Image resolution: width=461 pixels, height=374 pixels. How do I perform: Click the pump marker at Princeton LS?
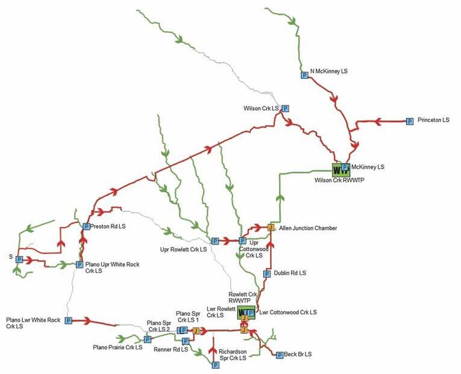410,121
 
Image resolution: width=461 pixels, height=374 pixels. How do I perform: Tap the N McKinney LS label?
329,71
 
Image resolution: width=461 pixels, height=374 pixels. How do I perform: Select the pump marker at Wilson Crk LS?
286,109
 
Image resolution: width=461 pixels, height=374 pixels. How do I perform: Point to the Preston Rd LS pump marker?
86,227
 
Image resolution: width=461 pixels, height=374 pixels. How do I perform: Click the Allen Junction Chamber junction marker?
271,228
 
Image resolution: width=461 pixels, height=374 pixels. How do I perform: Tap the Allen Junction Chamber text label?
308,228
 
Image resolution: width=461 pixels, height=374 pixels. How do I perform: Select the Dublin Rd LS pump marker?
267,274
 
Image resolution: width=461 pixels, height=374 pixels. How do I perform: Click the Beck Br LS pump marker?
280,355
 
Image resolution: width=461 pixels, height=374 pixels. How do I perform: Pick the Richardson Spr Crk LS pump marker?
215,364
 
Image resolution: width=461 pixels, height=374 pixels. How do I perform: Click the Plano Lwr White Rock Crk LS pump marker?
68,321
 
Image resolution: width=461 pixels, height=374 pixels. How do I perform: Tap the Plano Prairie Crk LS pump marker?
147,340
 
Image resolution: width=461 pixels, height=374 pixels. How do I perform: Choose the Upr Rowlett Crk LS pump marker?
215,241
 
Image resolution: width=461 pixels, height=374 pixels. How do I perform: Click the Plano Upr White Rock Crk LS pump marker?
79,264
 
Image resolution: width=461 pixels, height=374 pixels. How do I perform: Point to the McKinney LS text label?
368,167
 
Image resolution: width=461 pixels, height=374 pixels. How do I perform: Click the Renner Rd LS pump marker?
186,341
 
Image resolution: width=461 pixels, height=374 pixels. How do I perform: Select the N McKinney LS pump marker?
304,75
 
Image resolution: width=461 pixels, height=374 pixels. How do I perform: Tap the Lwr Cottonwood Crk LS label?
288,313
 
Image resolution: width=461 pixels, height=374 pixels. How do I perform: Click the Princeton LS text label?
434,120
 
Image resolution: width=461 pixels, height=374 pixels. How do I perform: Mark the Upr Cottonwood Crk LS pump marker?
242,241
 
